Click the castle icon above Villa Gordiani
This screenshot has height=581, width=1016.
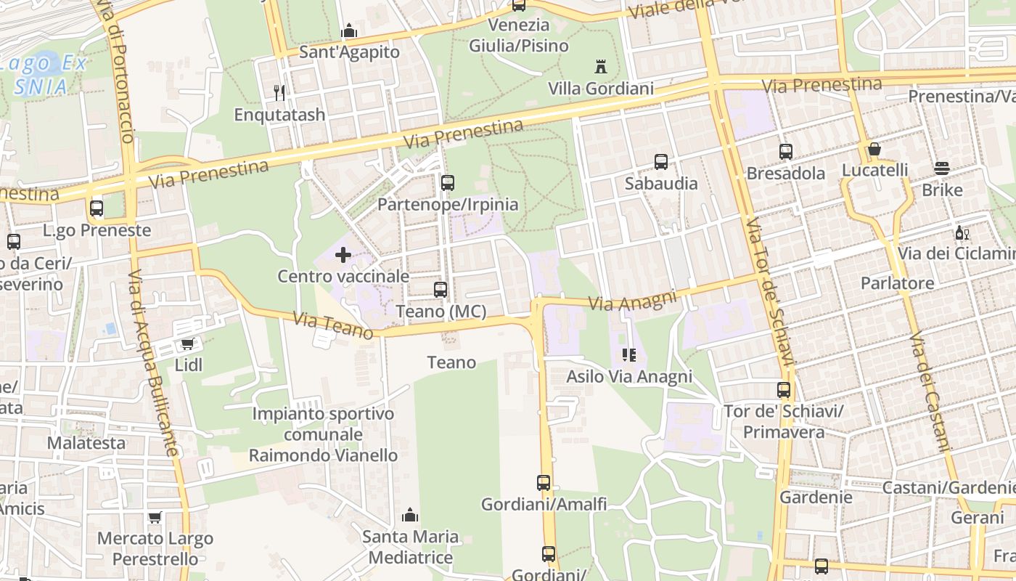click(x=600, y=67)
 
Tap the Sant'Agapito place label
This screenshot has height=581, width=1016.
click(x=349, y=52)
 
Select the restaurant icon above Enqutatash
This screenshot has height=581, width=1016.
click(x=279, y=93)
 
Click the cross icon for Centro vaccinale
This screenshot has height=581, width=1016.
click(x=343, y=255)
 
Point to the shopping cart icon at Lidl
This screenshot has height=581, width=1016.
click(x=188, y=344)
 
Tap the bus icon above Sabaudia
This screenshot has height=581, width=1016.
click(x=660, y=162)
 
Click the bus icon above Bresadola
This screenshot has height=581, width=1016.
click(x=786, y=152)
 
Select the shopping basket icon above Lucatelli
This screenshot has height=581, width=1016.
click(x=874, y=150)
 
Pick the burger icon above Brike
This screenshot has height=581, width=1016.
click(x=942, y=168)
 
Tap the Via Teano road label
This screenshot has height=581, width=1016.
click(x=333, y=325)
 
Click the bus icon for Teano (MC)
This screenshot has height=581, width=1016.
click(x=441, y=290)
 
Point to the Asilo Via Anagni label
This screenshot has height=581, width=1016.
click(x=629, y=376)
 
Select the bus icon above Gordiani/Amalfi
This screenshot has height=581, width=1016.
click(x=544, y=482)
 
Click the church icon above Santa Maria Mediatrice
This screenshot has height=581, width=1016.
click(x=410, y=516)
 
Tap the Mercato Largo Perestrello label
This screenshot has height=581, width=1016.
click(x=155, y=549)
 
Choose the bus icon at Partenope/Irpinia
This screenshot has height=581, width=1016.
click(x=448, y=182)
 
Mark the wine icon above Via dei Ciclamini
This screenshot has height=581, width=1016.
click(x=962, y=233)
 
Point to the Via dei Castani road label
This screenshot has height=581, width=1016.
click(x=929, y=392)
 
